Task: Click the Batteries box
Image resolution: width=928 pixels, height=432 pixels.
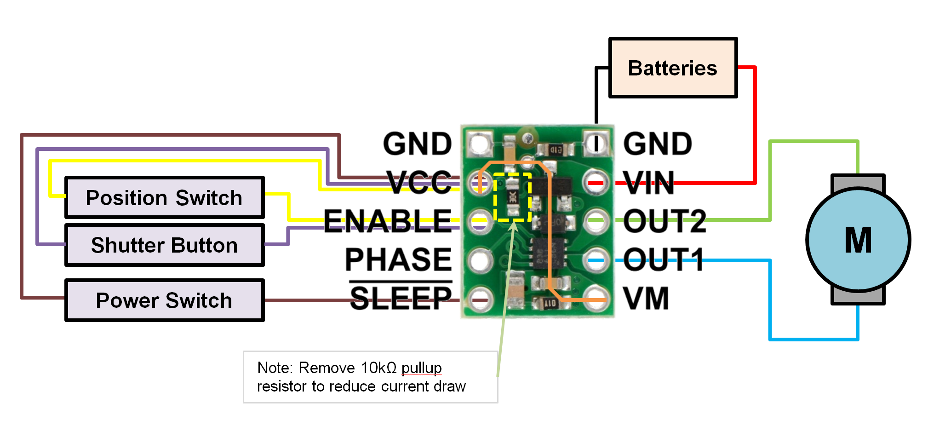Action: (x=673, y=68)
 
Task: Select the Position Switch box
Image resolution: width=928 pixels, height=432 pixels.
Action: (x=164, y=198)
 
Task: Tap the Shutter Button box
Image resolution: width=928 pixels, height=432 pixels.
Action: (x=164, y=245)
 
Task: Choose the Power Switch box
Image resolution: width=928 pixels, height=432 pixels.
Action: (x=164, y=300)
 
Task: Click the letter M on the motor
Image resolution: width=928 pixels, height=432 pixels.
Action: (x=858, y=240)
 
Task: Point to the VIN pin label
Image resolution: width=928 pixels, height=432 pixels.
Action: (x=649, y=183)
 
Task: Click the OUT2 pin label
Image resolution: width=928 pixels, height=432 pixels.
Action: (x=664, y=221)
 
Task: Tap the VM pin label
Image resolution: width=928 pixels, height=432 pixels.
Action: (x=646, y=299)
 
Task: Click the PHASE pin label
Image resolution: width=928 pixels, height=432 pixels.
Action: (x=398, y=259)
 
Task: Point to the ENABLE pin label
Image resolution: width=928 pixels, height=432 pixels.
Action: (x=388, y=220)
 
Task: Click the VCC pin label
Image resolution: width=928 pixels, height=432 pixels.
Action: (x=419, y=182)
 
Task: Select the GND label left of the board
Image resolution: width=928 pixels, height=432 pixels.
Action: (x=417, y=144)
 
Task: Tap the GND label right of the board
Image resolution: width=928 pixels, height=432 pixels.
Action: (x=658, y=144)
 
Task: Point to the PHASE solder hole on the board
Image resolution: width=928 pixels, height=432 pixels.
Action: (x=480, y=260)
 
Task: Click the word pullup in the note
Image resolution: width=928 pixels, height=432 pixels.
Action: (x=421, y=368)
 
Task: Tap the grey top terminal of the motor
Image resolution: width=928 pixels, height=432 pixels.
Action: (x=858, y=182)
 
